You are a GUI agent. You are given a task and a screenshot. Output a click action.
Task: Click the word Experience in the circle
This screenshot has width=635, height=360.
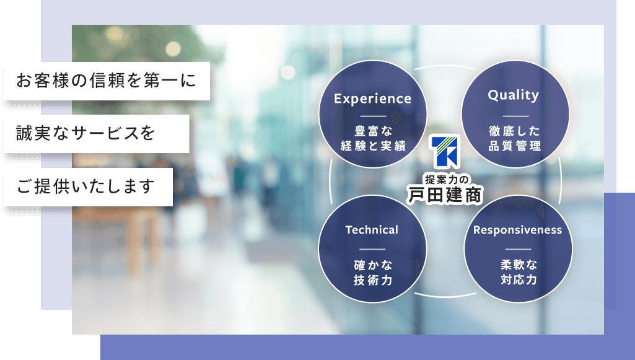(372, 99)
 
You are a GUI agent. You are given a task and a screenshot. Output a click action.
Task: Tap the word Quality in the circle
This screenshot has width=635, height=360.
(514, 95)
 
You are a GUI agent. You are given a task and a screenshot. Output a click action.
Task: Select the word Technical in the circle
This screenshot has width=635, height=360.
(372, 230)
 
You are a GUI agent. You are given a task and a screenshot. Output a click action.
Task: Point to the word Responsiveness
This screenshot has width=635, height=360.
(517, 230)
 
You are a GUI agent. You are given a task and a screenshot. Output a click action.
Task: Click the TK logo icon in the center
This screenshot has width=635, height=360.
(445, 151)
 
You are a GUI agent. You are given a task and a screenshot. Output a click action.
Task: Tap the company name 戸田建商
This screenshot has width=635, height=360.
(445, 195)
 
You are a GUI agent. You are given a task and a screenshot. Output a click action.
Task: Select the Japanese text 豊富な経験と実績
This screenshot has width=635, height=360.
(373, 139)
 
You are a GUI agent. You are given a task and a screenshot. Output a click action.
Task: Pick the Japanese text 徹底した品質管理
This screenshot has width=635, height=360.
(514, 139)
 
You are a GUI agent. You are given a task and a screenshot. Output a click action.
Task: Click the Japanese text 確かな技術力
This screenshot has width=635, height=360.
(373, 273)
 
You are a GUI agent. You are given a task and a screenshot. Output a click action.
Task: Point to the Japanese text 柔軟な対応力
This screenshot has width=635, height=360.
(519, 273)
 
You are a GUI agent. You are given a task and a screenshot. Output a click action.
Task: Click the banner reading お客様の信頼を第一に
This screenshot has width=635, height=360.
(107, 81)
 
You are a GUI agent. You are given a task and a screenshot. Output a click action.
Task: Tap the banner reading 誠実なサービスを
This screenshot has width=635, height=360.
(97, 134)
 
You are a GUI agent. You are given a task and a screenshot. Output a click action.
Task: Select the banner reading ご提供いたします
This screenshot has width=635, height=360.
(88, 187)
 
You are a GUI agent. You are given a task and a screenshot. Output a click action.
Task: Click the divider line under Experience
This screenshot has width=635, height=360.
(373, 116)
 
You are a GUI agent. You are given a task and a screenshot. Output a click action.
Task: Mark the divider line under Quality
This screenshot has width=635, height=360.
(515, 116)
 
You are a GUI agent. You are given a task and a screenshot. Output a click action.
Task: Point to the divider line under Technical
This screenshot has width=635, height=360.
(372, 249)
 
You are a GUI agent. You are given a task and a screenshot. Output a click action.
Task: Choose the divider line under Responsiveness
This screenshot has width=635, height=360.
(519, 249)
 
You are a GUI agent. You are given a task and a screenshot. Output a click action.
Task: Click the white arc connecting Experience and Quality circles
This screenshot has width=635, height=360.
(444, 66)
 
